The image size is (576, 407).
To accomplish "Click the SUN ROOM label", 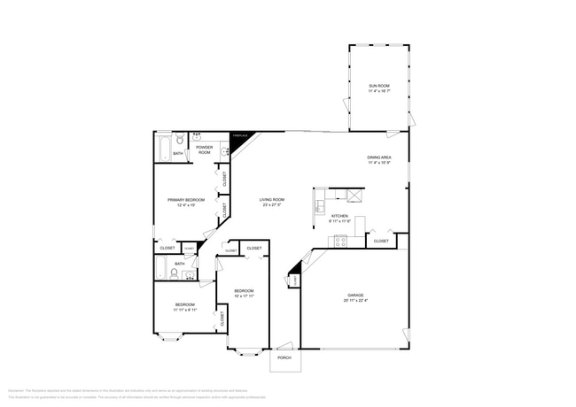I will click(378, 86).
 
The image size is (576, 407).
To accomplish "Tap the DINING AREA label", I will click(379, 157).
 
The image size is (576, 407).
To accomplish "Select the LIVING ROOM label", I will click(272, 200).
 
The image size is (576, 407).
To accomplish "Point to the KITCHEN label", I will click(339, 216).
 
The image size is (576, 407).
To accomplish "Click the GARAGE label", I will click(355, 296).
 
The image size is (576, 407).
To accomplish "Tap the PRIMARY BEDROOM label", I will click(186, 200).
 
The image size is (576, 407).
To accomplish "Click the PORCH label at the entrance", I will click(284, 357).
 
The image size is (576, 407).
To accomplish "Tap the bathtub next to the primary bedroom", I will click(164, 149).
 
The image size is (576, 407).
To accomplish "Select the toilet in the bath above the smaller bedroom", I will click(175, 275).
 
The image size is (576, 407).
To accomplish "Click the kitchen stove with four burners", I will click(340, 239).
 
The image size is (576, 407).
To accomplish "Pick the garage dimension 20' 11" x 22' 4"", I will click(355, 301).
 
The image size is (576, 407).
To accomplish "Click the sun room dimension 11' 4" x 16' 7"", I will click(378, 91).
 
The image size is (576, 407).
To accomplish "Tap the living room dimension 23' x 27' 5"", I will click(272, 205).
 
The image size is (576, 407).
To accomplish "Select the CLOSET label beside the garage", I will click(381, 241).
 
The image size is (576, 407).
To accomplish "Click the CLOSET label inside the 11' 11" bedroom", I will click(222, 317).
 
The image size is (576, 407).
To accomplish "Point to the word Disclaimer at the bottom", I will click(15, 388).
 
